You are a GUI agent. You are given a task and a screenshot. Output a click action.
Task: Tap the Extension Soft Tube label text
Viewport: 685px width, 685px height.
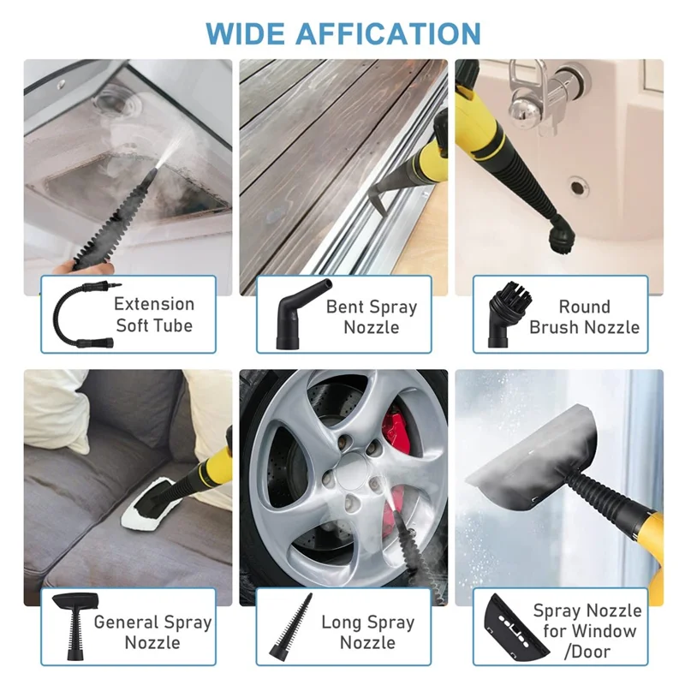[x=154, y=314]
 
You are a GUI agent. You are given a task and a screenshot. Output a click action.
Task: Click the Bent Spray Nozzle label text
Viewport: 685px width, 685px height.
[x=371, y=317]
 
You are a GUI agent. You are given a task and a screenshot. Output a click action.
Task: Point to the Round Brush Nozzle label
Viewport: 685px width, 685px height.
[x=584, y=317]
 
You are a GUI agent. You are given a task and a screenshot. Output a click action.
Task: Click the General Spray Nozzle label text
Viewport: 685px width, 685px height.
[x=152, y=632]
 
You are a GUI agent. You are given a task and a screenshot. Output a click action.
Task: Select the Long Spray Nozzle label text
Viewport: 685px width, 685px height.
[x=368, y=633]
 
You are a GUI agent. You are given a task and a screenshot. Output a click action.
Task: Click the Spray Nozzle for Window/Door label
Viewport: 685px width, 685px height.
[x=587, y=631]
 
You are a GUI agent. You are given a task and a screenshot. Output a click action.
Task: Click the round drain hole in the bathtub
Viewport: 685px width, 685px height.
[x=578, y=184]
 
